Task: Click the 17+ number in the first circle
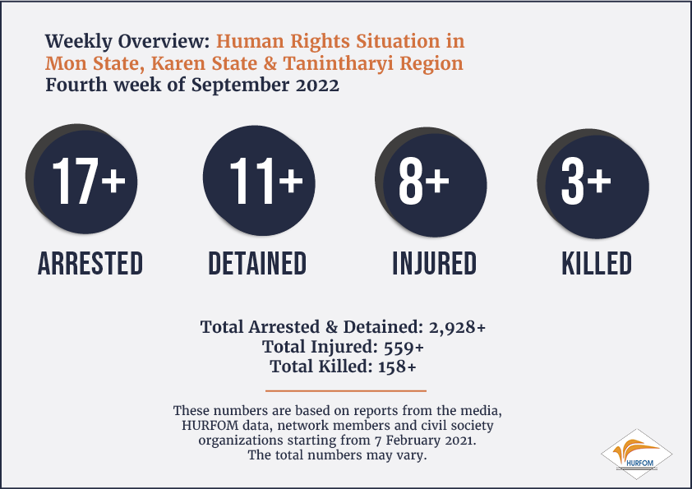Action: point(89,182)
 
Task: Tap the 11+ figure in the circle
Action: point(266,182)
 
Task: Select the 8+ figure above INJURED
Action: point(424,182)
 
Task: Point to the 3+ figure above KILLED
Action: point(586,182)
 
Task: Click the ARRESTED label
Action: point(90,264)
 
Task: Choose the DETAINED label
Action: point(257,264)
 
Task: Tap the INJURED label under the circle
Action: point(435,264)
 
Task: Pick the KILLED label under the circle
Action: point(597,264)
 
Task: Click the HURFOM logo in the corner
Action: point(636,454)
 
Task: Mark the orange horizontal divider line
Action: point(346,390)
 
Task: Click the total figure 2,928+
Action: point(457,327)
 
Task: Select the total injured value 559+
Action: point(404,348)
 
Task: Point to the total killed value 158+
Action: point(397,367)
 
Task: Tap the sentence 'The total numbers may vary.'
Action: point(337,455)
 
